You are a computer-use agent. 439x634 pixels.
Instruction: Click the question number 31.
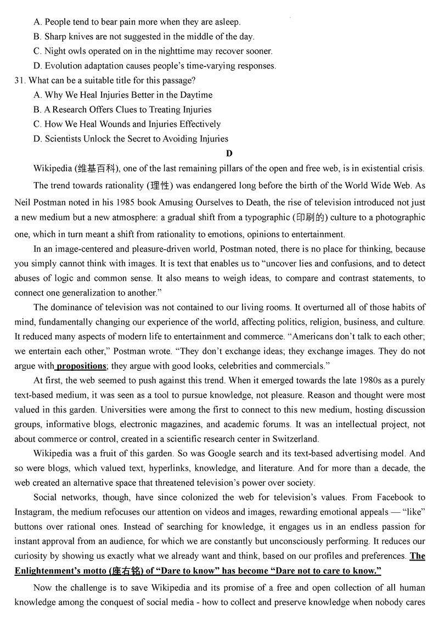pyautogui.click(x=20, y=81)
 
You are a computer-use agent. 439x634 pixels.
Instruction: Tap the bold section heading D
pyautogui.click(x=229, y=154)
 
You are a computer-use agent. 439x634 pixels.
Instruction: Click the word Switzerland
pyautogui.click(x=291, y=439)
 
